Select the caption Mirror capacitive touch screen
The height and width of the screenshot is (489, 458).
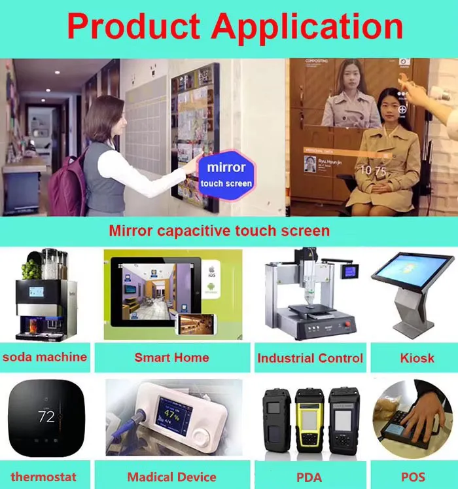pyautogui.click(x=219, y=230)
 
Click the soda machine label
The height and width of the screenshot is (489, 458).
pyautogui.click(x=44, y=357)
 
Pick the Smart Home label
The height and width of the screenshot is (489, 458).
pyautogui.click(x=171, y=357)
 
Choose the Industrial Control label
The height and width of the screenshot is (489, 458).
pyautogui.click(x=309, y=358)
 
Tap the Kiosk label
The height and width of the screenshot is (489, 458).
pyautogui.click(x=416, y=357)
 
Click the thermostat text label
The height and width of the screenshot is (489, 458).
pyautogui.click(x=43, y=477)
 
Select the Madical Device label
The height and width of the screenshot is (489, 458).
pyautogui.click(x=171, y=477)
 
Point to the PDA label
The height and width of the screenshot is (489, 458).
pyautogui.click(x=309, y=477)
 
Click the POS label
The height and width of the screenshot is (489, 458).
pyautogui.click(x=413, y=477)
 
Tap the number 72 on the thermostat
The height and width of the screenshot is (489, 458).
pyautogui.click(x=46, y=416)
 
